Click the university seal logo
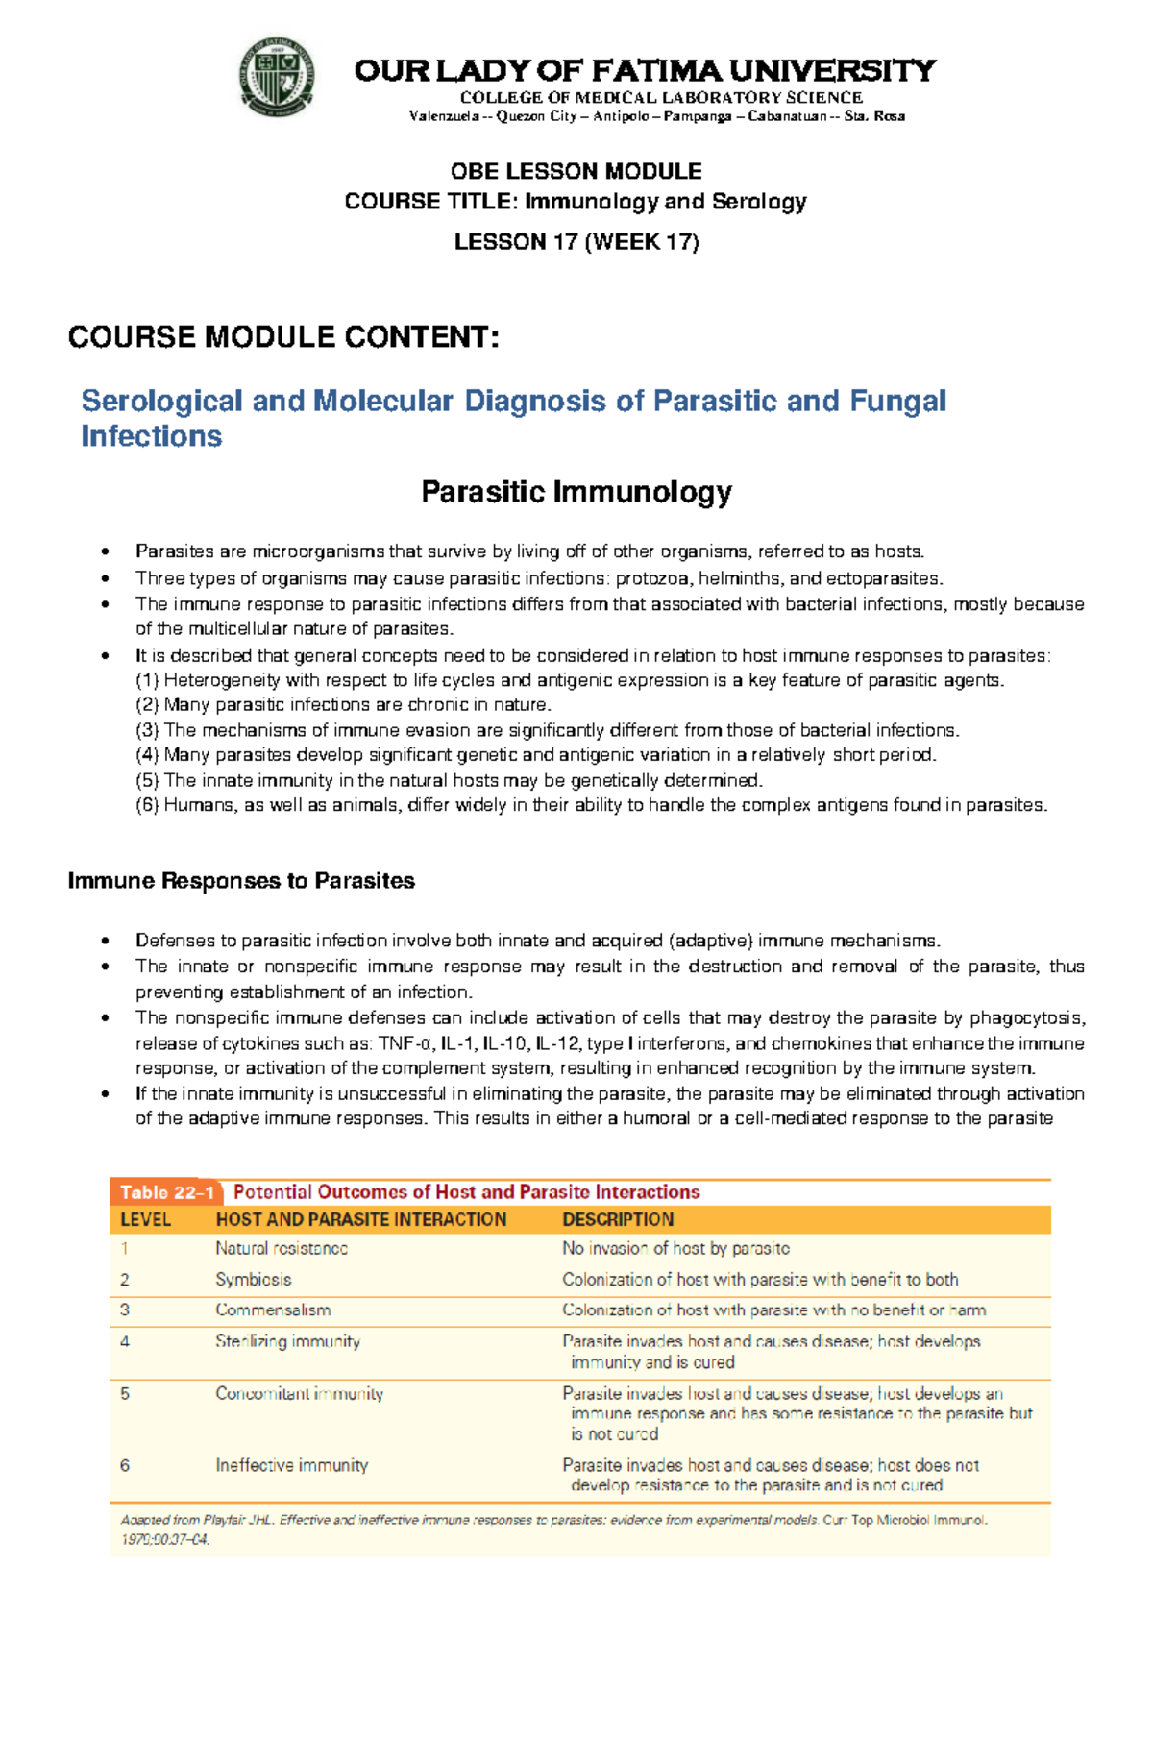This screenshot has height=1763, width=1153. click(x=277, y=78)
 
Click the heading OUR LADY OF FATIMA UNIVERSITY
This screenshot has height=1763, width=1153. click(x=645, y=71)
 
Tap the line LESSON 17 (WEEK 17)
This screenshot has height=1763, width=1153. click(x=576, y=242)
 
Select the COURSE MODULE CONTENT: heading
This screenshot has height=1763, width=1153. click(x=283, y=337)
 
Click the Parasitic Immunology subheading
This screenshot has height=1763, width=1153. click(x=576, y=492)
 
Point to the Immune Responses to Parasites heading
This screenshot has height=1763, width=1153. click(x=241, y=881)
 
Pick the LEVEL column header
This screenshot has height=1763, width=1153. click(x=145, y=1220)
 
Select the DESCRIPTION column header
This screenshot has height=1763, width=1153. click(x=618, y=1220)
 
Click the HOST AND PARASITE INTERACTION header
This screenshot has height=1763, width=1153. click(x=360, y=1220)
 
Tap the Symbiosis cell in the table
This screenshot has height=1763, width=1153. click(x=253, y=1280)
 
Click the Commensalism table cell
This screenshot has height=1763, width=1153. click(x=273, y=1310)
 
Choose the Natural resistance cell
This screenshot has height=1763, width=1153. click(x=282, y=1249)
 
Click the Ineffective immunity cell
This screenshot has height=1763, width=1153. click(x=291, y=1466)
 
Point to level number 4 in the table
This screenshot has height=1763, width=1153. click(x=125, y=1341)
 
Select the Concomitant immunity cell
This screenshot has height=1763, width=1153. click(x=299, y=1394)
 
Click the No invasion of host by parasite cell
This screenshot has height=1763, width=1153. click(x=675, y=1249)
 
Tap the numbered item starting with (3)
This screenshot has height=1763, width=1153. click(x=548, y=730)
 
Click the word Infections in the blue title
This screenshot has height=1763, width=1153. click(x=152, y=436)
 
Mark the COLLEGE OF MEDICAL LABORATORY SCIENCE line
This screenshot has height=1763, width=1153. click(x=661, y=97)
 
